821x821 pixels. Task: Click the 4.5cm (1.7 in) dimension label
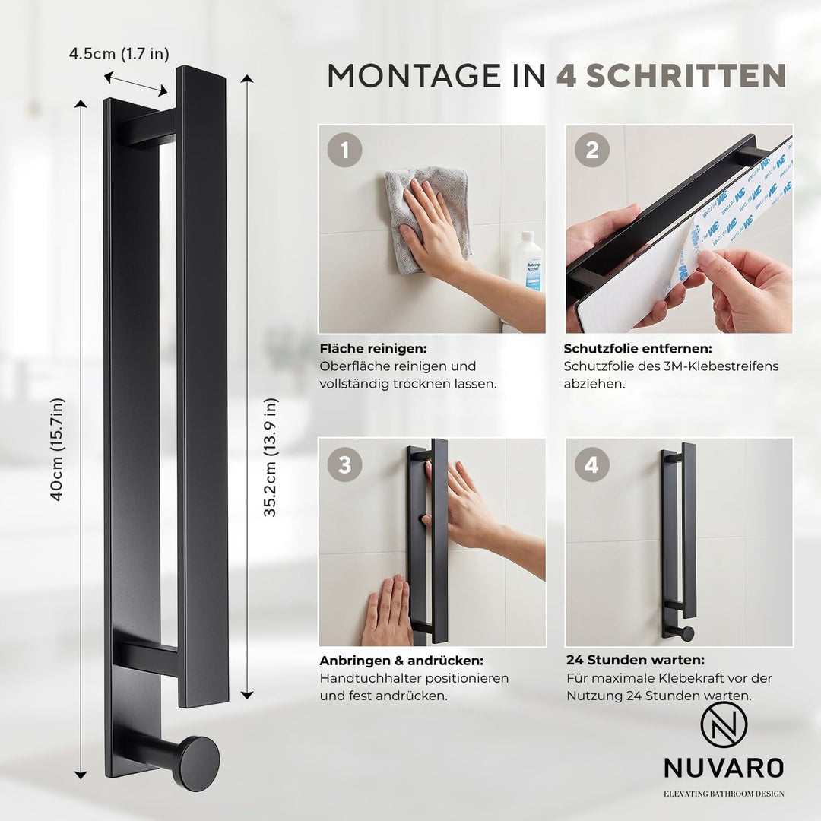(119, 54)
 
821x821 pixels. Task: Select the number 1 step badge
(344, 151)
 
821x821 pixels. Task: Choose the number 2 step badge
(591, 151)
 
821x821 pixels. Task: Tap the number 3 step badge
(344, 464)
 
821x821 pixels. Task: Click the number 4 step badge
(591, 464)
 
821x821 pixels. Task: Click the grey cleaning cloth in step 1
(426, 219)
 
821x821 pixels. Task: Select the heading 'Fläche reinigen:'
(373, 349)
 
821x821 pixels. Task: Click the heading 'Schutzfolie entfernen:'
(638, 349)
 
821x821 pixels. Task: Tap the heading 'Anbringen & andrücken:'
(401, 661)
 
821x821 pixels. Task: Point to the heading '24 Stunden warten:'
(636, 660)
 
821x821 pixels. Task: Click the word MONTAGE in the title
(414, 75)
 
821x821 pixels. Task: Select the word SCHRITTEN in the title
(686, 75)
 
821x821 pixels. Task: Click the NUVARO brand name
(724, 768)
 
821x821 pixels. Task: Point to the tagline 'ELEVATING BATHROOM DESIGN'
(724, 794)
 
